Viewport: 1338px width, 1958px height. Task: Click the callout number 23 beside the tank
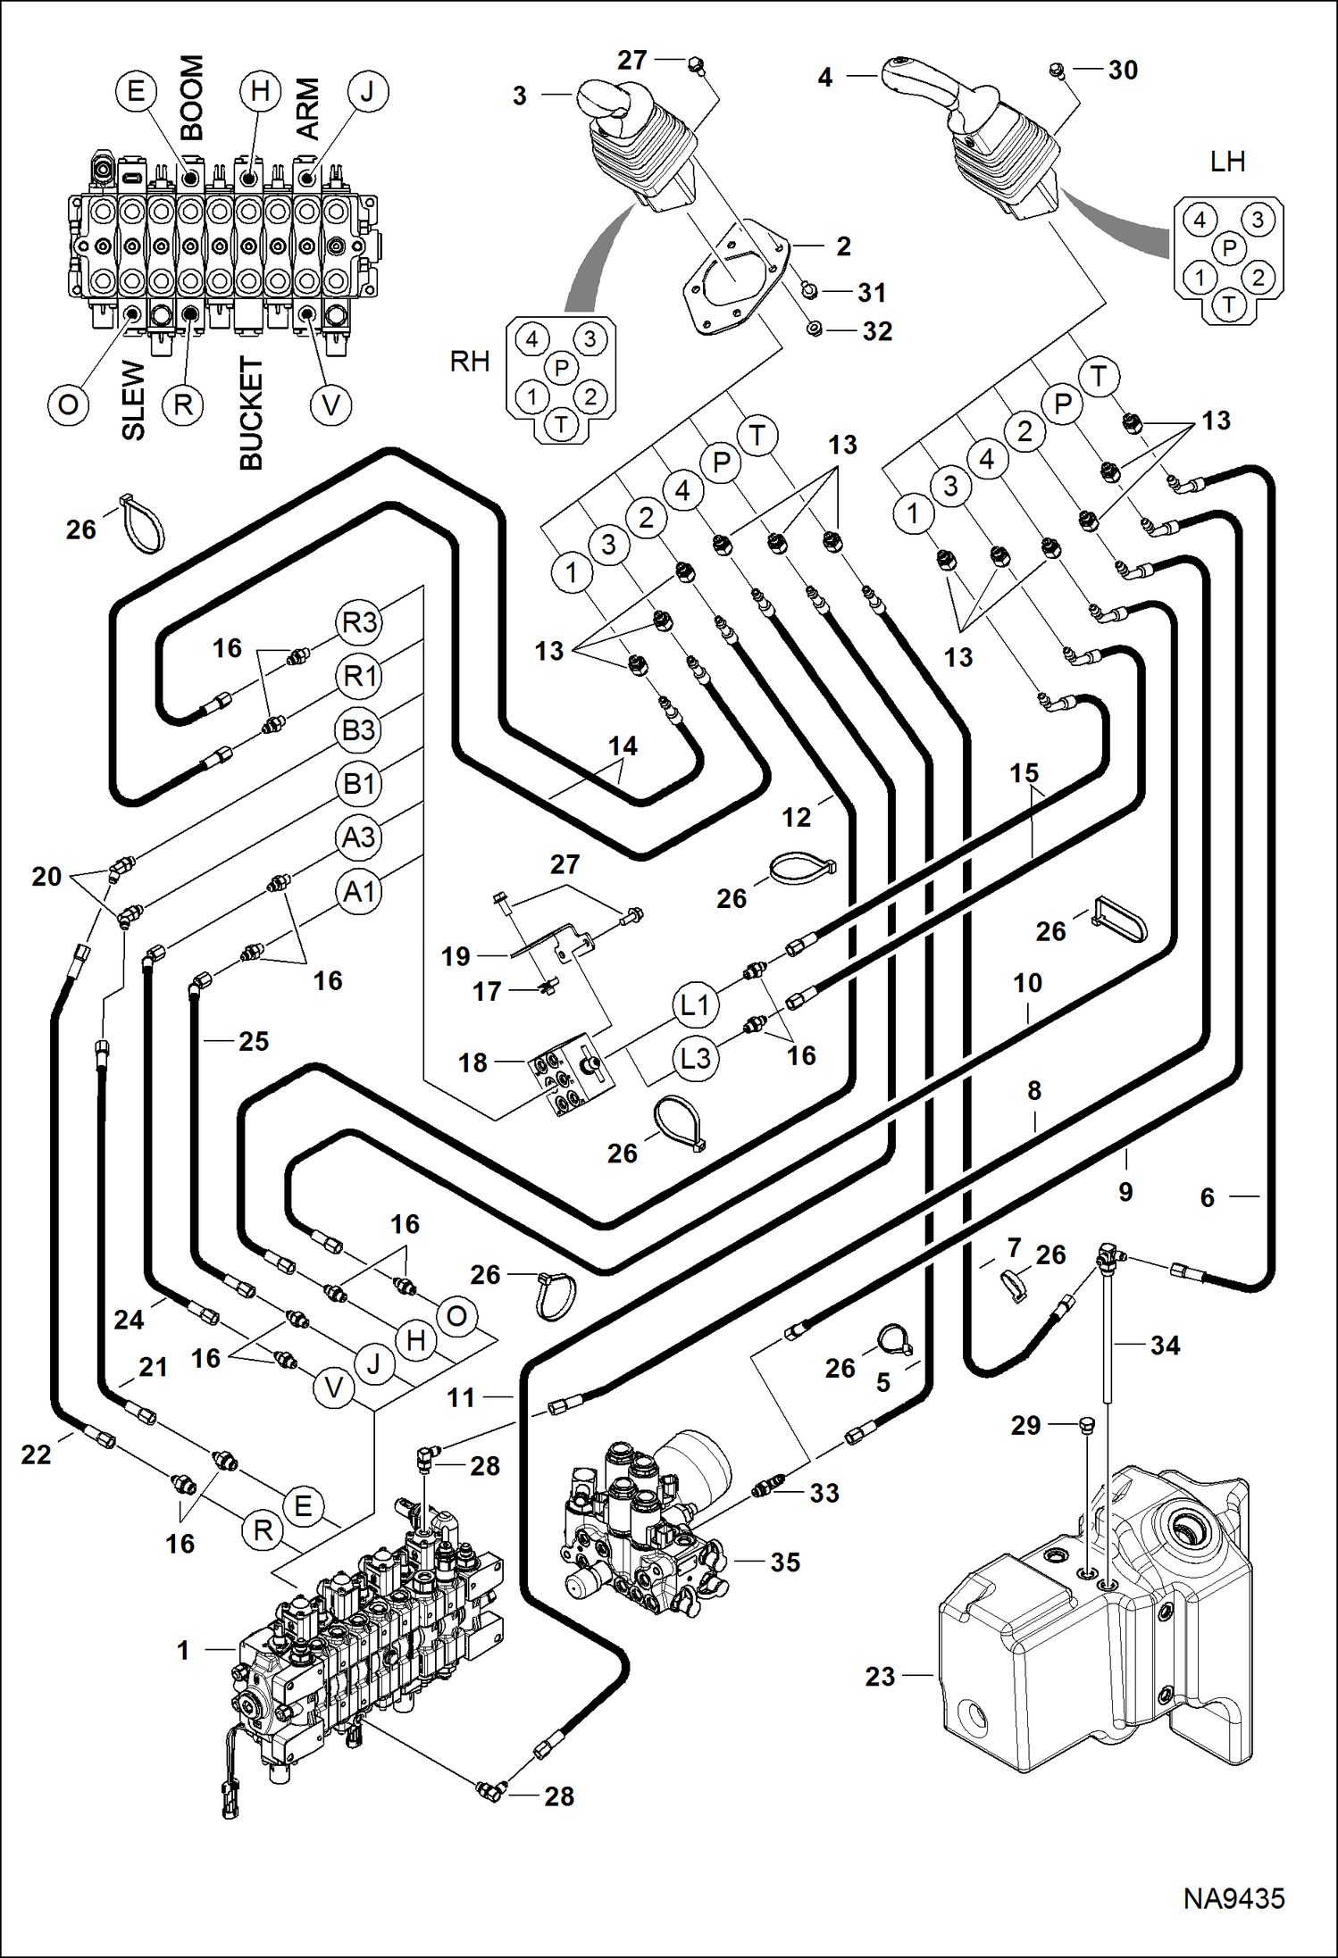tap(880, 1677)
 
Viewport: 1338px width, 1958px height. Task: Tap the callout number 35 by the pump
tap(785, 1562)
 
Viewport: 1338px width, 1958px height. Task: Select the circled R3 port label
tap(359, 622)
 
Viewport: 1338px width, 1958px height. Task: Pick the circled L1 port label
tap(695, 1004)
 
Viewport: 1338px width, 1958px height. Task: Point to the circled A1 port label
tap(359, 891)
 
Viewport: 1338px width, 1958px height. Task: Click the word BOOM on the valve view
tap(193, 98)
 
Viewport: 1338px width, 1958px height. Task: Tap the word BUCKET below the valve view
tap(252, 412)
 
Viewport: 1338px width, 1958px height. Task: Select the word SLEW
tap(133, 400)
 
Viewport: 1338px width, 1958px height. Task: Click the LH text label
tap(1227, 162)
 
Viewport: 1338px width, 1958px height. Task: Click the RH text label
tap(470, 362)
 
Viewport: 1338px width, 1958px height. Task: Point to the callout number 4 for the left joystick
tap(825, 78)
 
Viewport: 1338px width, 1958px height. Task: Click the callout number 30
tap(1123, 71)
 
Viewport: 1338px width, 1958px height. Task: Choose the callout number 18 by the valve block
tap(472, 1062)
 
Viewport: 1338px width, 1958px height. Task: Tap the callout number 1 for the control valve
tap(183, 1650)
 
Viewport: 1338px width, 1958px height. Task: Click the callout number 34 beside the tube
tap(1165, 1345)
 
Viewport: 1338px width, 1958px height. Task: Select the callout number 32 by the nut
tap(877, 331)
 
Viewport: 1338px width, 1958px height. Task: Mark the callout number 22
tap(36, 1454)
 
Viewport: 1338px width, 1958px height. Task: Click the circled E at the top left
tap(136, 91)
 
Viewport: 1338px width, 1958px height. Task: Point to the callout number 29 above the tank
tap(1025, 1425)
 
